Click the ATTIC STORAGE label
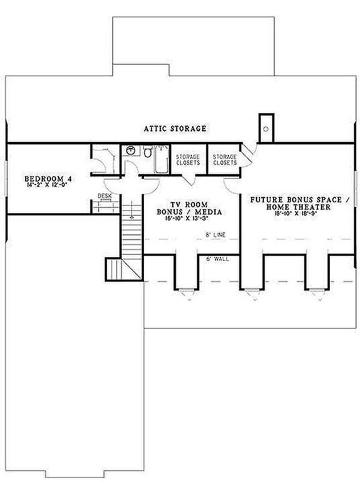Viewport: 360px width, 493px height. [x=176, y=128]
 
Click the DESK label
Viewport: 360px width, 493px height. [x=105, y=196]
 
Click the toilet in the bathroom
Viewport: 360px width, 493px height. [x=146, y=152]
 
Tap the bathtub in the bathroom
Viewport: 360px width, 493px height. [x=162, y=159]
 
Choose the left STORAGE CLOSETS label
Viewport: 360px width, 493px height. [x=187, y=159]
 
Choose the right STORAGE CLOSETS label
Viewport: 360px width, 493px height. [x=225, y=159]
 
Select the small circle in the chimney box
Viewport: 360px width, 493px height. [x=267, y=128]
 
